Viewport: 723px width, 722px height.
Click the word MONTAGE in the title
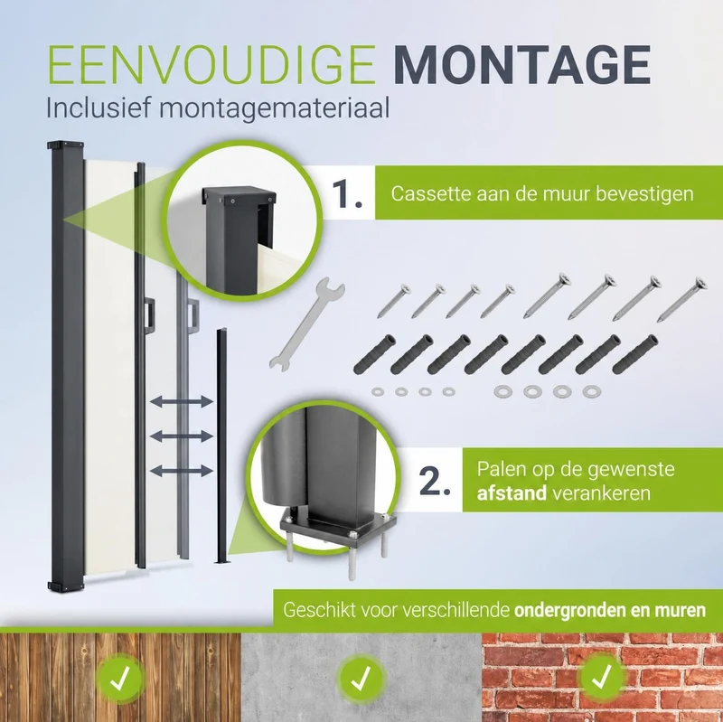point(522,64)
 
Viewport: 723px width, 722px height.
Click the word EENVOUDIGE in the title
point(212,64)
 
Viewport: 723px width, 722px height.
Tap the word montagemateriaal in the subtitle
point(275,108)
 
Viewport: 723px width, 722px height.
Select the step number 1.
point(347,194)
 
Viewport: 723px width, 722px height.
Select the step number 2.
point(435,482)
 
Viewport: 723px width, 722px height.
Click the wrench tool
point(306,323)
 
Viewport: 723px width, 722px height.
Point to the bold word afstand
point(512,493)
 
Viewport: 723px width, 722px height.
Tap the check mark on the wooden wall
point(120,679)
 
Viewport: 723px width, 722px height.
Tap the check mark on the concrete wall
point(361,679)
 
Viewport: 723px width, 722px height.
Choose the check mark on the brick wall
point(602,678)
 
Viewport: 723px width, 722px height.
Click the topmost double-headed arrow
point(182,401)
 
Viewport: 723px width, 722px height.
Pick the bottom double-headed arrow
point(182,471)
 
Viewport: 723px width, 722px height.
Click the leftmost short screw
point(393,301)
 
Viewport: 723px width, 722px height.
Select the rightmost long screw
point(681,299)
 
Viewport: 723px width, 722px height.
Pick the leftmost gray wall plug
point(374,354)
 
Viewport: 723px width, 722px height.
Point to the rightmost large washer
point(592,392)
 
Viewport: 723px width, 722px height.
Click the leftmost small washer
point(378,392)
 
